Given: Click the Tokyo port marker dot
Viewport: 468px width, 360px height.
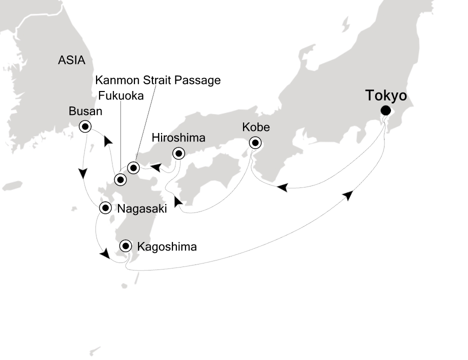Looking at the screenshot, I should coord(385,110).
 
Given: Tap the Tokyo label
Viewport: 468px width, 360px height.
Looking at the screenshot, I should coord(386,95).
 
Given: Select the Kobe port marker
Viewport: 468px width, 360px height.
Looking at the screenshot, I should coord(255,143).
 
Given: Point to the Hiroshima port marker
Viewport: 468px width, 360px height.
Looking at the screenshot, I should coord(178,153).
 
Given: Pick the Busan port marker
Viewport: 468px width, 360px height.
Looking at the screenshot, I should coord(85,127).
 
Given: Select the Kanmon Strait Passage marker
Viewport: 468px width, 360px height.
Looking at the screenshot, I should coord(133,167).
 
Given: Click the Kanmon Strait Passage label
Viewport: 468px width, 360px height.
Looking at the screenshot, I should coord(157,79).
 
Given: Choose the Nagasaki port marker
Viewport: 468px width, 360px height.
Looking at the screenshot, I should coord(105,208).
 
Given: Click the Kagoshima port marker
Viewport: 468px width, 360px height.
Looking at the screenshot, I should coord(125,245).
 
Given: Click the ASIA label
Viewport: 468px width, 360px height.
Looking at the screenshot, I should coord(71,60).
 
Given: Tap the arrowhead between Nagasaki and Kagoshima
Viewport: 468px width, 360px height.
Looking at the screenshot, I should coord(104,255).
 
